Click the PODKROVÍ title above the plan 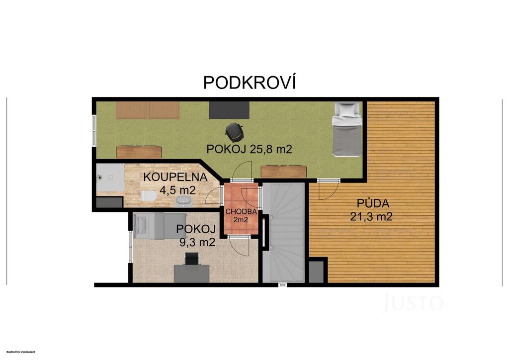point(250,82)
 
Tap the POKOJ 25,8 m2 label point(250,149)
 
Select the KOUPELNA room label point(175,177)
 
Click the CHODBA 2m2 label point(241,215)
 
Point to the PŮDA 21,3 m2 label point(371,210)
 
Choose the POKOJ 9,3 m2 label point(196,235)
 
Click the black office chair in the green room point(233,131)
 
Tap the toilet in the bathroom point(149,196)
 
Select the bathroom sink point(184,201)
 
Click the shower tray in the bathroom point(110,177)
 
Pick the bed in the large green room point(347,129)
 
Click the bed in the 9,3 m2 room point(160,226)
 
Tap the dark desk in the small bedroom point(191,273)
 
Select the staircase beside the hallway point(283,232)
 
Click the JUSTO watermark point(413,302)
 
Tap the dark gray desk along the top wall point(229,110)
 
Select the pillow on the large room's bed point(347,109)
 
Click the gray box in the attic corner point(316,271)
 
